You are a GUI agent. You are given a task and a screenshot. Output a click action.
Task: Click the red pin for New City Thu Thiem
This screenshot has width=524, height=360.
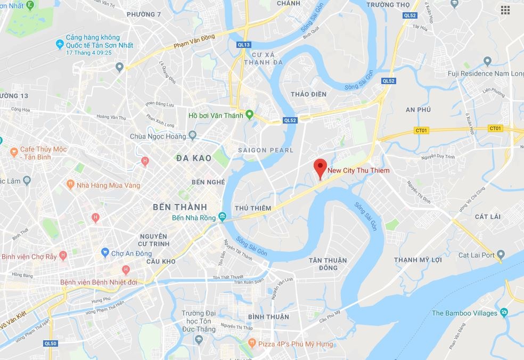[320, 167]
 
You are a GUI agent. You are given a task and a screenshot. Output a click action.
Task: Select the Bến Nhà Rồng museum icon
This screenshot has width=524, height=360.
[222, 217]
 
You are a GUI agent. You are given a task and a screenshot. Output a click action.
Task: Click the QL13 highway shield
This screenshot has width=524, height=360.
[244, 45]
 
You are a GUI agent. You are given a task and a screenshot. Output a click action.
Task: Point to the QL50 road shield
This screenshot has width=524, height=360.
[51, 343]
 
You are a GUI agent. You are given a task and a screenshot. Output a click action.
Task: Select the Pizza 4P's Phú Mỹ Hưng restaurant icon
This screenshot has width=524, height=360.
[252, 344]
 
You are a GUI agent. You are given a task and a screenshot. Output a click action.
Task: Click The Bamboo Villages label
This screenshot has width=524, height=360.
[464, 313]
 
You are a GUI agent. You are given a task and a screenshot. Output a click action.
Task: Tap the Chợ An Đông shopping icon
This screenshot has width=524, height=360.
[105, 253]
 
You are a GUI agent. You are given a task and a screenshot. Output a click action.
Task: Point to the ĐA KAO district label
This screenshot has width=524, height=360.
[193, 158]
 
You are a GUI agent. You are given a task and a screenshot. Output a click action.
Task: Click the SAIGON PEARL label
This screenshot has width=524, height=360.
[266, 150]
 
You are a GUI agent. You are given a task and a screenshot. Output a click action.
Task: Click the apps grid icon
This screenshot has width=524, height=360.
[505, 10]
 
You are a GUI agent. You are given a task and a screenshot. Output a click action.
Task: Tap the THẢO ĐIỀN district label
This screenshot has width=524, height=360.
[308, 94]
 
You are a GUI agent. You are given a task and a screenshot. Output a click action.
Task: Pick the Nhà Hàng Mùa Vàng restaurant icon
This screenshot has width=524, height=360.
[70, 185]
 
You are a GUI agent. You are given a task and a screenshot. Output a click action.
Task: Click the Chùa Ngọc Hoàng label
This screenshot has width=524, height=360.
[159, 136]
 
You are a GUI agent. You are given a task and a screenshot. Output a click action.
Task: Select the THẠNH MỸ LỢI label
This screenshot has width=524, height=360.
[418, 260]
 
